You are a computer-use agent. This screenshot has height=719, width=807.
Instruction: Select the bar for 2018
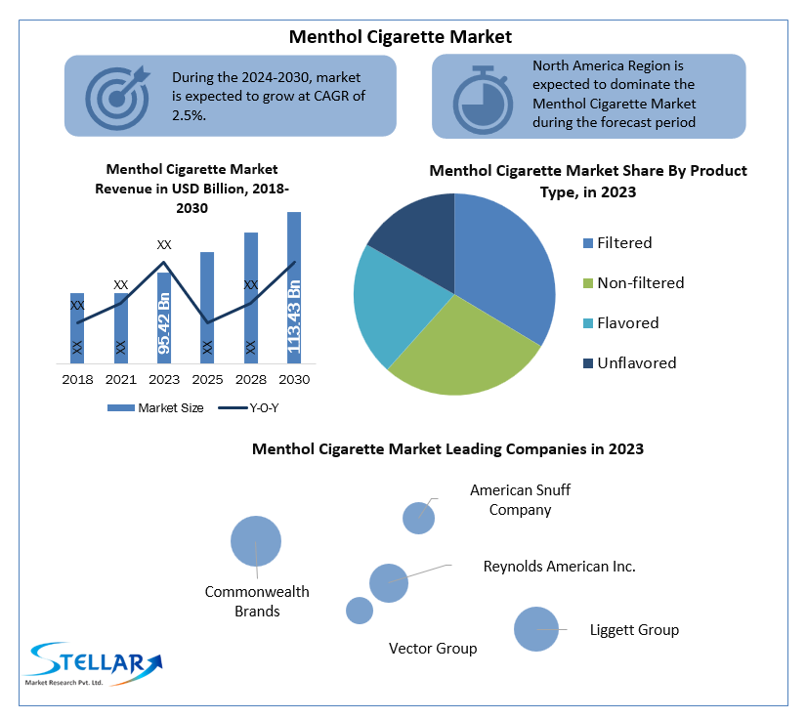pos(77,327)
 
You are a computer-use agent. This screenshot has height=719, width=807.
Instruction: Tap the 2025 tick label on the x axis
pos(207,379)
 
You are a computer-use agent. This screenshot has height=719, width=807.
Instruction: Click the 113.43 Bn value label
pos(294,317)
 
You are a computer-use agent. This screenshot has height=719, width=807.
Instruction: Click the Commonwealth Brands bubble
pos(256,541)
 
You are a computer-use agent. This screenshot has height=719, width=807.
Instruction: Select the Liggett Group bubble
pos(535,629)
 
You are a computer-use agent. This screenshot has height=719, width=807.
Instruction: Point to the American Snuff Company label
pos(520,500)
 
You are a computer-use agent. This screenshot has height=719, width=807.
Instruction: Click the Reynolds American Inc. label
pos(559,567)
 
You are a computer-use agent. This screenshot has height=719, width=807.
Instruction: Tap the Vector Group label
pos(433,649)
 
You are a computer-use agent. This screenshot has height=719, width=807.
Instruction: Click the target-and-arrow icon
pos(118,97)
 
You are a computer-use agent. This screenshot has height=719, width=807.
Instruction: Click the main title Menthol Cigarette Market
pos(401,37)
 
